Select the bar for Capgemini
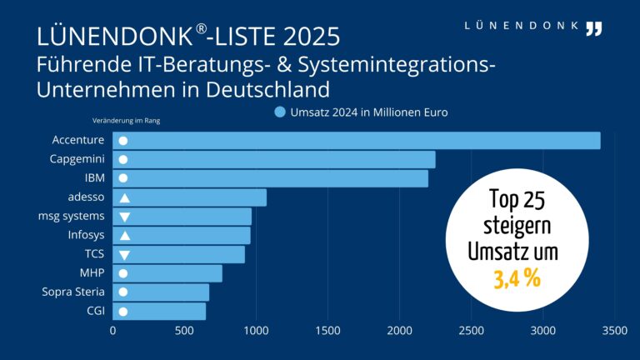[x=274, y=159]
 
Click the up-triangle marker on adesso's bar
[x=124, y=197]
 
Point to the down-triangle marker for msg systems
[x=124, y=217]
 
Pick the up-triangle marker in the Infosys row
[x=124, y=236]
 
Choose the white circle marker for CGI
[x=123, y=312]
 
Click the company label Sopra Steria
[x=73, y=292]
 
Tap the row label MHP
[x=92, y=273]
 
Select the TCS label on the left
[x=94, y=254]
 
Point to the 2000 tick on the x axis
[x=399, y=332]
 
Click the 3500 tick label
[x=614, y=332]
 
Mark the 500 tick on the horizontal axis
[x=184, y=332]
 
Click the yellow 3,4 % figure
[x=517, y=278]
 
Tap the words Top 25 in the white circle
[x=517, y=201]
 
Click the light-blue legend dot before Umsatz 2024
[x=280, y=112]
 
